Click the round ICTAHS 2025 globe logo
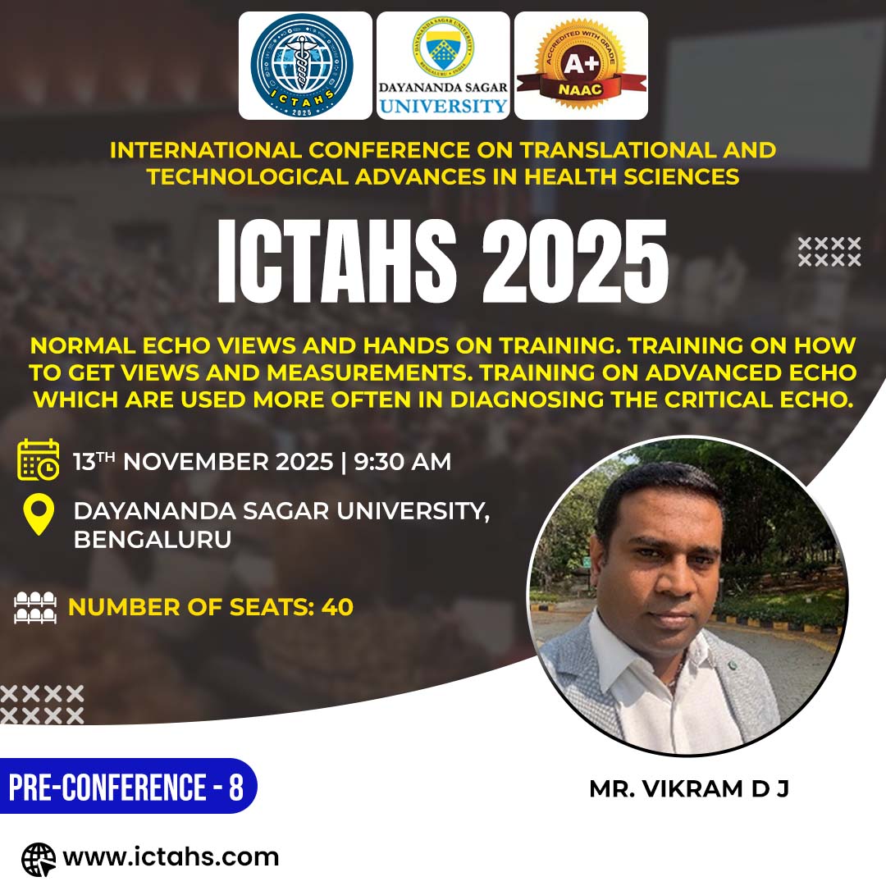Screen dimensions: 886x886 (302, 66)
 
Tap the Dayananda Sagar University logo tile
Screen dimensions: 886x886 (443, 66)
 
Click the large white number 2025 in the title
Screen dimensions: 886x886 (574, 261)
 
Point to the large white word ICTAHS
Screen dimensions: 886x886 (336, 261)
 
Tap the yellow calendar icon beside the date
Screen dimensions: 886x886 (38, 460)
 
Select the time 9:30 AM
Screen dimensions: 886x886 (402, 462)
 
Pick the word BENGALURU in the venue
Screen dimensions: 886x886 (153, 539)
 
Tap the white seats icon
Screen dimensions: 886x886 (35, 608)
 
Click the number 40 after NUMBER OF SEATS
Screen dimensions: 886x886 (337, 607)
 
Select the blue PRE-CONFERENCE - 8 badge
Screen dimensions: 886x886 (128, 786)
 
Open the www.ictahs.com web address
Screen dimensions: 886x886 (171, 857)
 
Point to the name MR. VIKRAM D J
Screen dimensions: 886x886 (689, 788)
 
